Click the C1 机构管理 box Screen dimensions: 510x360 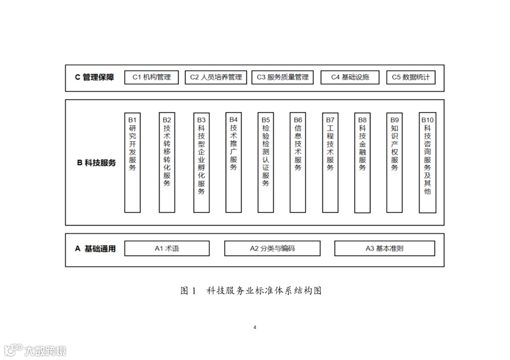pyautogui.click(x=152, y=77)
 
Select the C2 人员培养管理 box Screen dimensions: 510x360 pyautogui.click(x=216, y=77)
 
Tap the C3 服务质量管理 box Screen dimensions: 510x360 pyautogui.click(x=282, y=77)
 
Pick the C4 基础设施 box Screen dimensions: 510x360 pyautogui.click(x=349, y=77)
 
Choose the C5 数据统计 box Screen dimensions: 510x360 pyautogui.click(x=411, y=77)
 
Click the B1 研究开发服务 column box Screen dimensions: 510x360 pyautogui.click(x=132, y=162)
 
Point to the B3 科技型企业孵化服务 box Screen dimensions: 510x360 pyautogui.click(x=202, y=162)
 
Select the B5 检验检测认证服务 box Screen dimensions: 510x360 pyautogui.click(x=266, y=162)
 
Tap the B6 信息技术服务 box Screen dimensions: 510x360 pyautogui.click(x=298, y=162)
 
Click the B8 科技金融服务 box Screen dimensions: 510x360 pyautogui.click(x=362, y=162)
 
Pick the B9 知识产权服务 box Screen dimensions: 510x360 pyautogui.click(x=394, y=162)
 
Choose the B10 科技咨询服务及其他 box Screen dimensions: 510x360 pyautogui.click(x=427, y=162)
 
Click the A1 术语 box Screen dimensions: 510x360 pyautogui.click(x=167, y=248)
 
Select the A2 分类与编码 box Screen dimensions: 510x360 pyautogui.click(x=272, y=248)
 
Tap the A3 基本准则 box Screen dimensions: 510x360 pyautogui.click(x=384, y=248)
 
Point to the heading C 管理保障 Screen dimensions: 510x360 pyautogui.click(x=94, y=77)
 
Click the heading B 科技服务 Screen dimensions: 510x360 pyautogui.click(x=96, y=163)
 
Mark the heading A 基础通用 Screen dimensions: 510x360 pyautogui.click(x=95, y=249)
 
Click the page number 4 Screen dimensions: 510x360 pyautogui.click(x=255, y=327)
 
